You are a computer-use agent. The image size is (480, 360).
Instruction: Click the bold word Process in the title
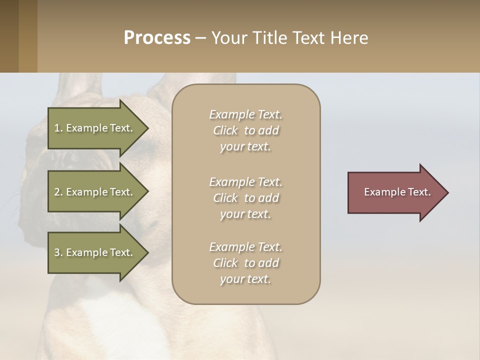[x=157, y=38]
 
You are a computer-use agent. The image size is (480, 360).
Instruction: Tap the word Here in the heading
[x=348, y=38]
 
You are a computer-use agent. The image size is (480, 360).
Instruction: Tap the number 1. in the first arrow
[x=58, y=128]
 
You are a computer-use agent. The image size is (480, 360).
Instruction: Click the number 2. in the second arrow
[x=58, y=192]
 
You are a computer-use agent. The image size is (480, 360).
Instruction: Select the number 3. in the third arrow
[x=58, y=252]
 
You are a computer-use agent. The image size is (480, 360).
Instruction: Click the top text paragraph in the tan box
[x=245, y=130]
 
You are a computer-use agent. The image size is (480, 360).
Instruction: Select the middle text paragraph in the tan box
[x=245, y=198]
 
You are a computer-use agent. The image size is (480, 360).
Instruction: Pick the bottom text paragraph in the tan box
[x=245, y=263]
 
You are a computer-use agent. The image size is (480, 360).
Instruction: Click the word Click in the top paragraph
[x=225, y=130]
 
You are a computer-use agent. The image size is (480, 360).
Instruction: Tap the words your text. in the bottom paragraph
[x=245, y=279]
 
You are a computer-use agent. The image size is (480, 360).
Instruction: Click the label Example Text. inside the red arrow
[x=397, y=192]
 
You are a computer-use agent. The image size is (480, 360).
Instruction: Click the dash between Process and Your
[x=200, y=39]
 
